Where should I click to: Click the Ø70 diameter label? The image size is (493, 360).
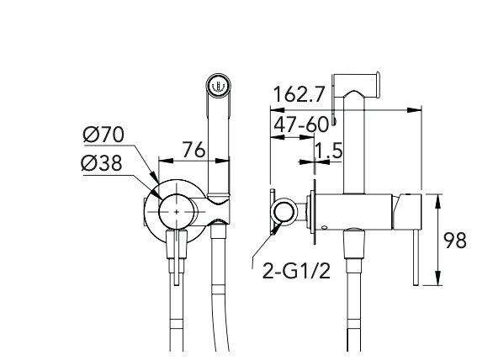(103, 135)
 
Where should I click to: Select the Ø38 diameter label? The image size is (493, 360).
(101, 163)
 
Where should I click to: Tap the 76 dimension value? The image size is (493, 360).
(193, 150)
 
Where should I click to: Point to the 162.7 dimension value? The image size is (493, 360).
(299, 94)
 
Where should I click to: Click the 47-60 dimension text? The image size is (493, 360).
(301, 124)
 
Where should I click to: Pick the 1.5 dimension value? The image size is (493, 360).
(329, 151)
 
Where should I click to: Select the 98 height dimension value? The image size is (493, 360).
(454, 241)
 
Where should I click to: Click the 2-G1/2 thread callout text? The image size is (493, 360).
(296, 271)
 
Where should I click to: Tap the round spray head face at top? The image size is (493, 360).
(219, 85)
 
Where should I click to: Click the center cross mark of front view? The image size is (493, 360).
(177, 212)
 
